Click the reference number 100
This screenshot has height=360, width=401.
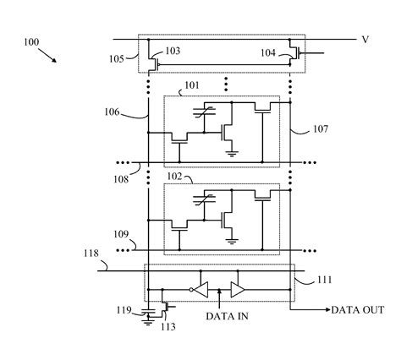click(31, 42)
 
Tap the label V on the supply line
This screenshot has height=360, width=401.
click(365, 40)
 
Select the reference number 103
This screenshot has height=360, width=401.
click(173, 51)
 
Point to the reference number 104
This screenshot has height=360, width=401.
click(268, 52)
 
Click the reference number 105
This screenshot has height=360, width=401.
click(117, 59)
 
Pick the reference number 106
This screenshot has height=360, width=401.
click(112, 112)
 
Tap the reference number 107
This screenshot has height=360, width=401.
click(321, 129)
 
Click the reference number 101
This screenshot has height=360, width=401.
click(192, 85)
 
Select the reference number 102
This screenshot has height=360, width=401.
click(175, 177)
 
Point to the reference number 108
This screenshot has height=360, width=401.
click(121, 179)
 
